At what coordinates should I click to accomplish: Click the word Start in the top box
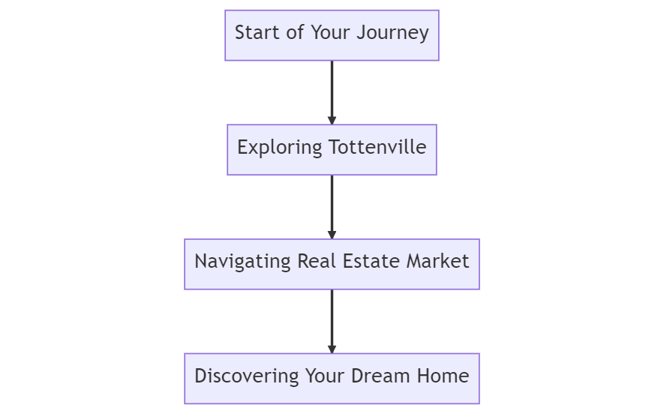pos(253,33)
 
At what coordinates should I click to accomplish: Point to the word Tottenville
pos(378,148)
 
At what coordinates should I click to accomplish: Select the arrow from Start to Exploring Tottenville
pos(332,90)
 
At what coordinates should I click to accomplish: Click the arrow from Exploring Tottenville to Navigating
pos(332,205)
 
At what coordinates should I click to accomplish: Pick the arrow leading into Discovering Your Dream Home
pos(332,319)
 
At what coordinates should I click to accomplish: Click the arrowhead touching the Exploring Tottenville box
pos(332,120)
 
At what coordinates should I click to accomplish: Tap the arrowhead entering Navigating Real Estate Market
pos(332,235)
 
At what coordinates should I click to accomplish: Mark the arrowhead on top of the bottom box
pos(332,349)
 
